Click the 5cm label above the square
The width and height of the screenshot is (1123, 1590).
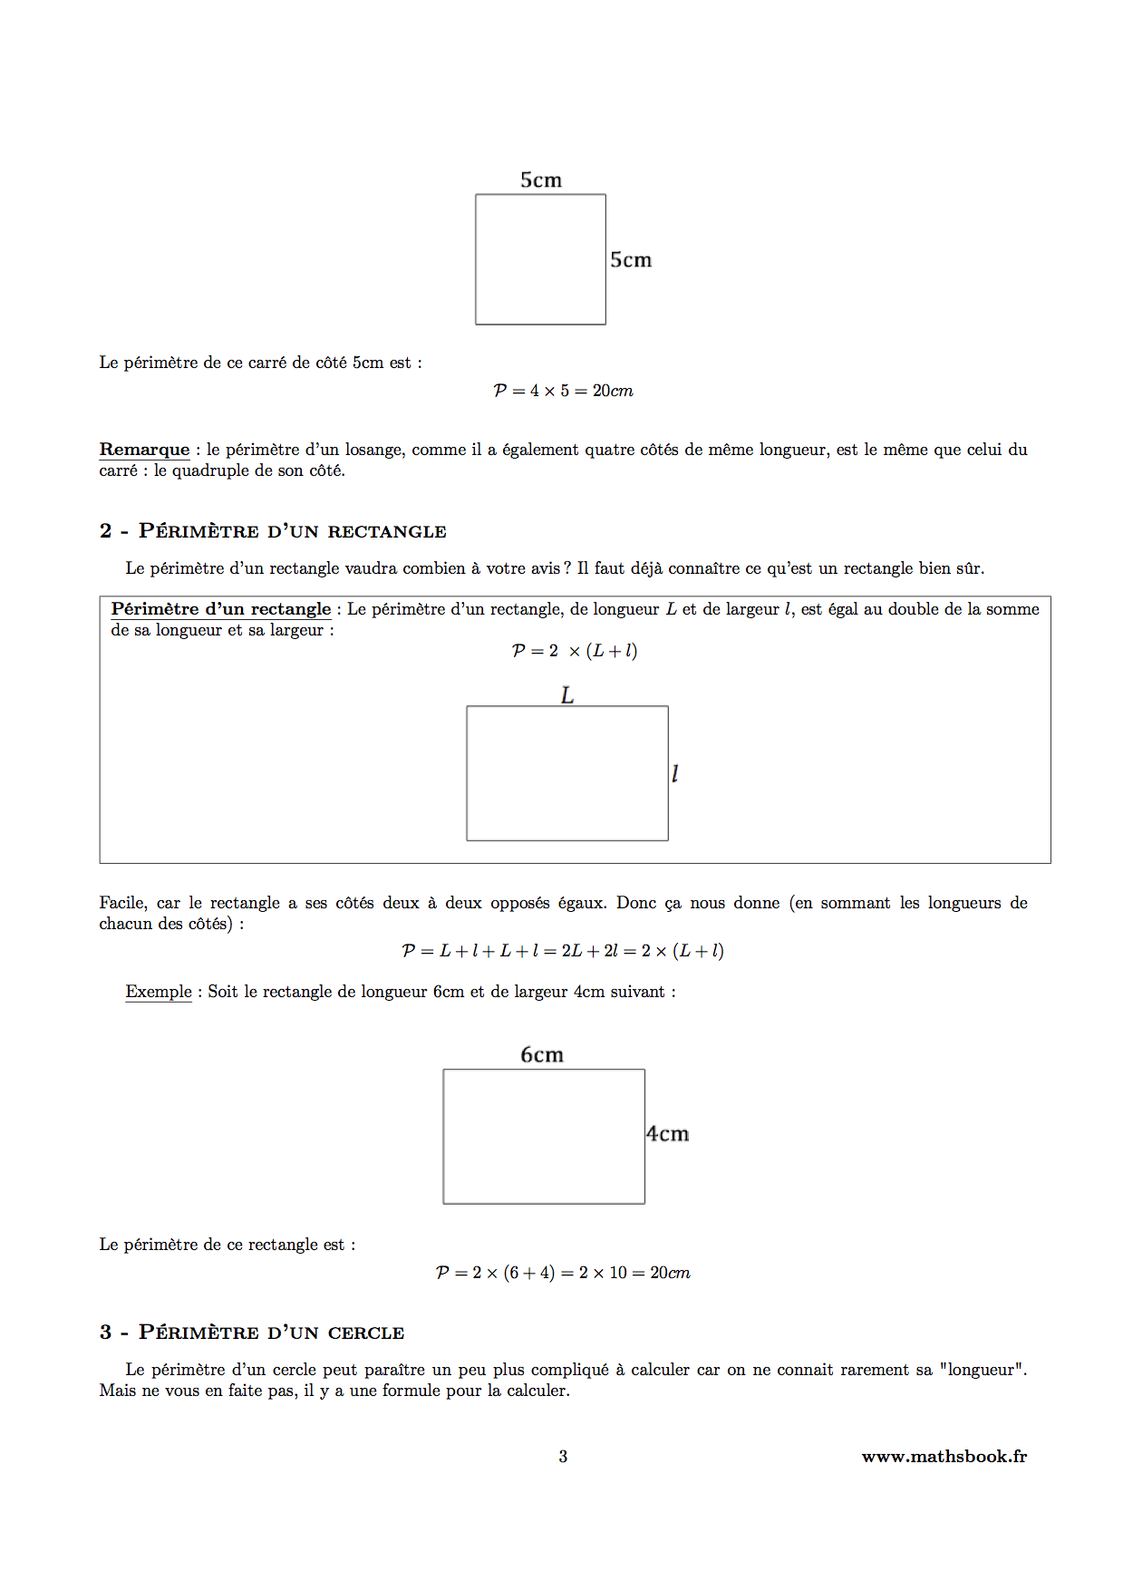(x=541, y=180)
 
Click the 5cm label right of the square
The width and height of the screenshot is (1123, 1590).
(x=631, y=260)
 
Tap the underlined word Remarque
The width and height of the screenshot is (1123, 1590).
(x=144, y=450)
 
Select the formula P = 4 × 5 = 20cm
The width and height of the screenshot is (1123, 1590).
(x=563, y=391)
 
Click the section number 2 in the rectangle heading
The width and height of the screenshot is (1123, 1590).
(x=105, y=531)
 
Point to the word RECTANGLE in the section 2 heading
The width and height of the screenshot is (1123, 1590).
(x=387, y=532)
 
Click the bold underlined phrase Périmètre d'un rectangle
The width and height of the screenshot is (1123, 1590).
(x=221, y=609)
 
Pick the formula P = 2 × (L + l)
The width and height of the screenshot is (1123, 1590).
(x=575, y=651)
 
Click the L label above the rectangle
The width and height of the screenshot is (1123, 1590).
(x=567, y=695)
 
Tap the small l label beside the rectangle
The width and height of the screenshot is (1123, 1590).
(x=674, y=774)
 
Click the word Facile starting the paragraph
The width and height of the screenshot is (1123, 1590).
(x=122, y=903)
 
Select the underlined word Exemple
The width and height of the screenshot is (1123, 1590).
(x=159, y=992)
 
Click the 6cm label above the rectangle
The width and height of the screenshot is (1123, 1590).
(x=542, y=1055)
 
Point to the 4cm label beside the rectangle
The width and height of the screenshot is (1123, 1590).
(x=668, y=1134)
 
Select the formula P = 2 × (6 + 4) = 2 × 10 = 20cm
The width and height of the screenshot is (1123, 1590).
(x=563, y=1273)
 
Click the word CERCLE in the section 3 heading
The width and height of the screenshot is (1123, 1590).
(x=366, y=1333)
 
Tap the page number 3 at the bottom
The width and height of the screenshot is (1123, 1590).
(x=563, y=1457)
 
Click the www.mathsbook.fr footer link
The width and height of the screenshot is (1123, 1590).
(x=944, y=1457)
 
